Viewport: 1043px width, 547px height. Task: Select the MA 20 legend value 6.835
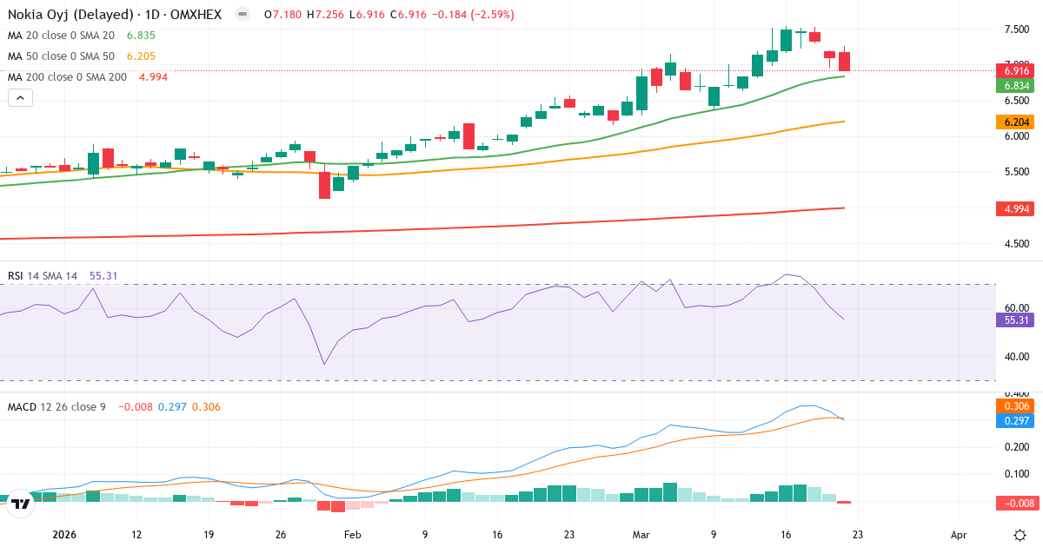tap(141, 36)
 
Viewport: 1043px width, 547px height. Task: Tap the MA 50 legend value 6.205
tap(141, 56)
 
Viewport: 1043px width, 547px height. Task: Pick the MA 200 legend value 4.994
tap(153, 77)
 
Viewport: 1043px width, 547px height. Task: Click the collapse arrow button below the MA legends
tap(20, 98)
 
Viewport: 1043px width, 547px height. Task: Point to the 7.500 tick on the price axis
tap(1017, 30)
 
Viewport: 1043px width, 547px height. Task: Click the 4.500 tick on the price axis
tap(1017, 244)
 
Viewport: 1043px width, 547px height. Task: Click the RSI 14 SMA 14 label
tap(43, 276)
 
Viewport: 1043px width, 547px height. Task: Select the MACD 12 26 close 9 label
tap(56, 406)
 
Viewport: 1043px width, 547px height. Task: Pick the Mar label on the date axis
tap(640, 536)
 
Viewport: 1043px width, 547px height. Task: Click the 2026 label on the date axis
tap(64, 536)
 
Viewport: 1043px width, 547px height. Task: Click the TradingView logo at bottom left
tap(22, 503)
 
